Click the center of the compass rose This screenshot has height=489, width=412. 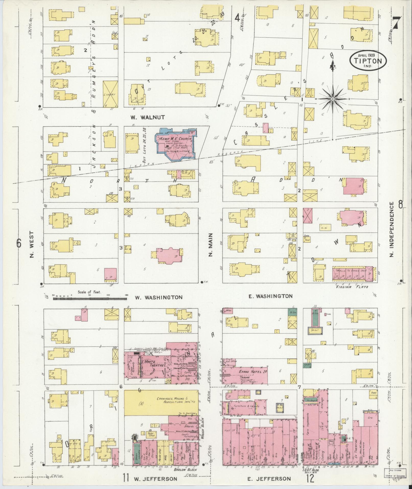pyautogui.click(x=333, y=99)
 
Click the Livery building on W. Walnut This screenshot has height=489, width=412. pyautogui.click(x=110, y=94)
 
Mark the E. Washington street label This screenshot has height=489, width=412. pyautogui.click(x=270, y=296)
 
